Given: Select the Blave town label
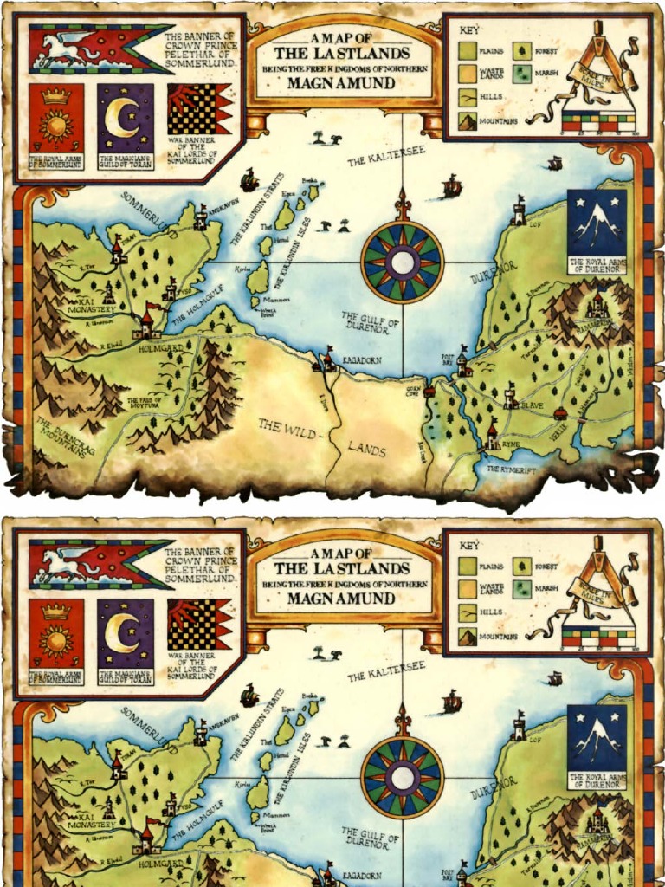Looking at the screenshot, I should pos(532,405).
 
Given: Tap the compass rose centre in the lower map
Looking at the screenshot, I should pos(401,776).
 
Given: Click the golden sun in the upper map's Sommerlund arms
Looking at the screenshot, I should pos(56,124).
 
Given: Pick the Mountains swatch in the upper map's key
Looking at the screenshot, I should pos(468,120).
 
